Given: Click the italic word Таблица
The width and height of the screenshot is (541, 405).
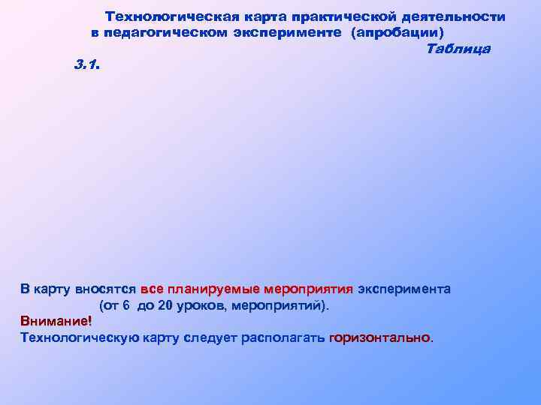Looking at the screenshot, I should point(458,49).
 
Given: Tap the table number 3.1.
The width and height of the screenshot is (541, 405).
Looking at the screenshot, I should point(87,65).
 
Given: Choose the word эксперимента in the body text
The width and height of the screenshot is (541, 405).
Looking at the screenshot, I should point(404,289).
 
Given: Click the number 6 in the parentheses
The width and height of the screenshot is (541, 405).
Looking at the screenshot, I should point(126,306).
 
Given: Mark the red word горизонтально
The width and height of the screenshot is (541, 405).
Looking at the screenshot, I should point(380,337).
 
